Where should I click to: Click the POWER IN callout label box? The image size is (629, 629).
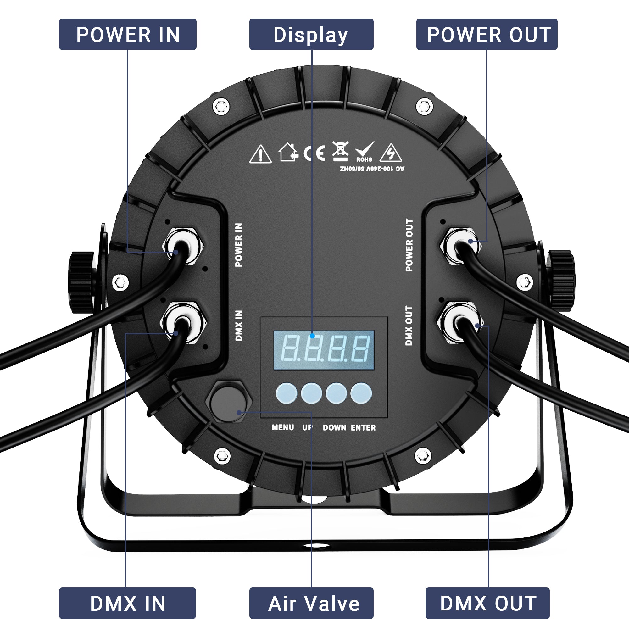(128, 34)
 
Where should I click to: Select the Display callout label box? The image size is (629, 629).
(311, 34)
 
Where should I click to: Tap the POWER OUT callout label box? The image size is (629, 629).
(487, 34)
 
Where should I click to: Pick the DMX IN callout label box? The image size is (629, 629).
(128, 603)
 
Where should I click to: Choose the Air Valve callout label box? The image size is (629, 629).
(311, 603)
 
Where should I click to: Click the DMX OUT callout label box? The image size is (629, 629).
(487, 603)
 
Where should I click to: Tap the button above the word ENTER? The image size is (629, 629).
(361, 393)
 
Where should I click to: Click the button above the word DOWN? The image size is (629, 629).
(336, 393)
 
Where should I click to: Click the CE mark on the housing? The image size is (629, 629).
(314, 153)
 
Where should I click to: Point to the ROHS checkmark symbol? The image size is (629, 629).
(364, 152)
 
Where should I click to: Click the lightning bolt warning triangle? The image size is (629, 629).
(390, 153)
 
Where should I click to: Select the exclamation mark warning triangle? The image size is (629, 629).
(260, 154)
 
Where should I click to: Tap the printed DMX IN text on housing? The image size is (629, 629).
(239, 325)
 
